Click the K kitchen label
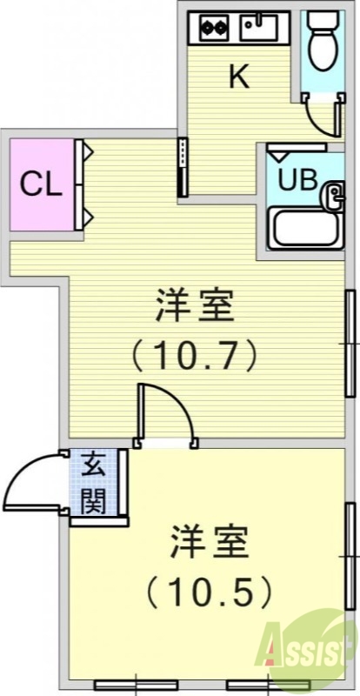pos(239,77)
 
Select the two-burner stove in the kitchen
pos(213,26)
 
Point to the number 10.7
pos(196,354)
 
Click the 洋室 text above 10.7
pos(195,307)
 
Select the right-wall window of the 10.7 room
pos(350,344)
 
